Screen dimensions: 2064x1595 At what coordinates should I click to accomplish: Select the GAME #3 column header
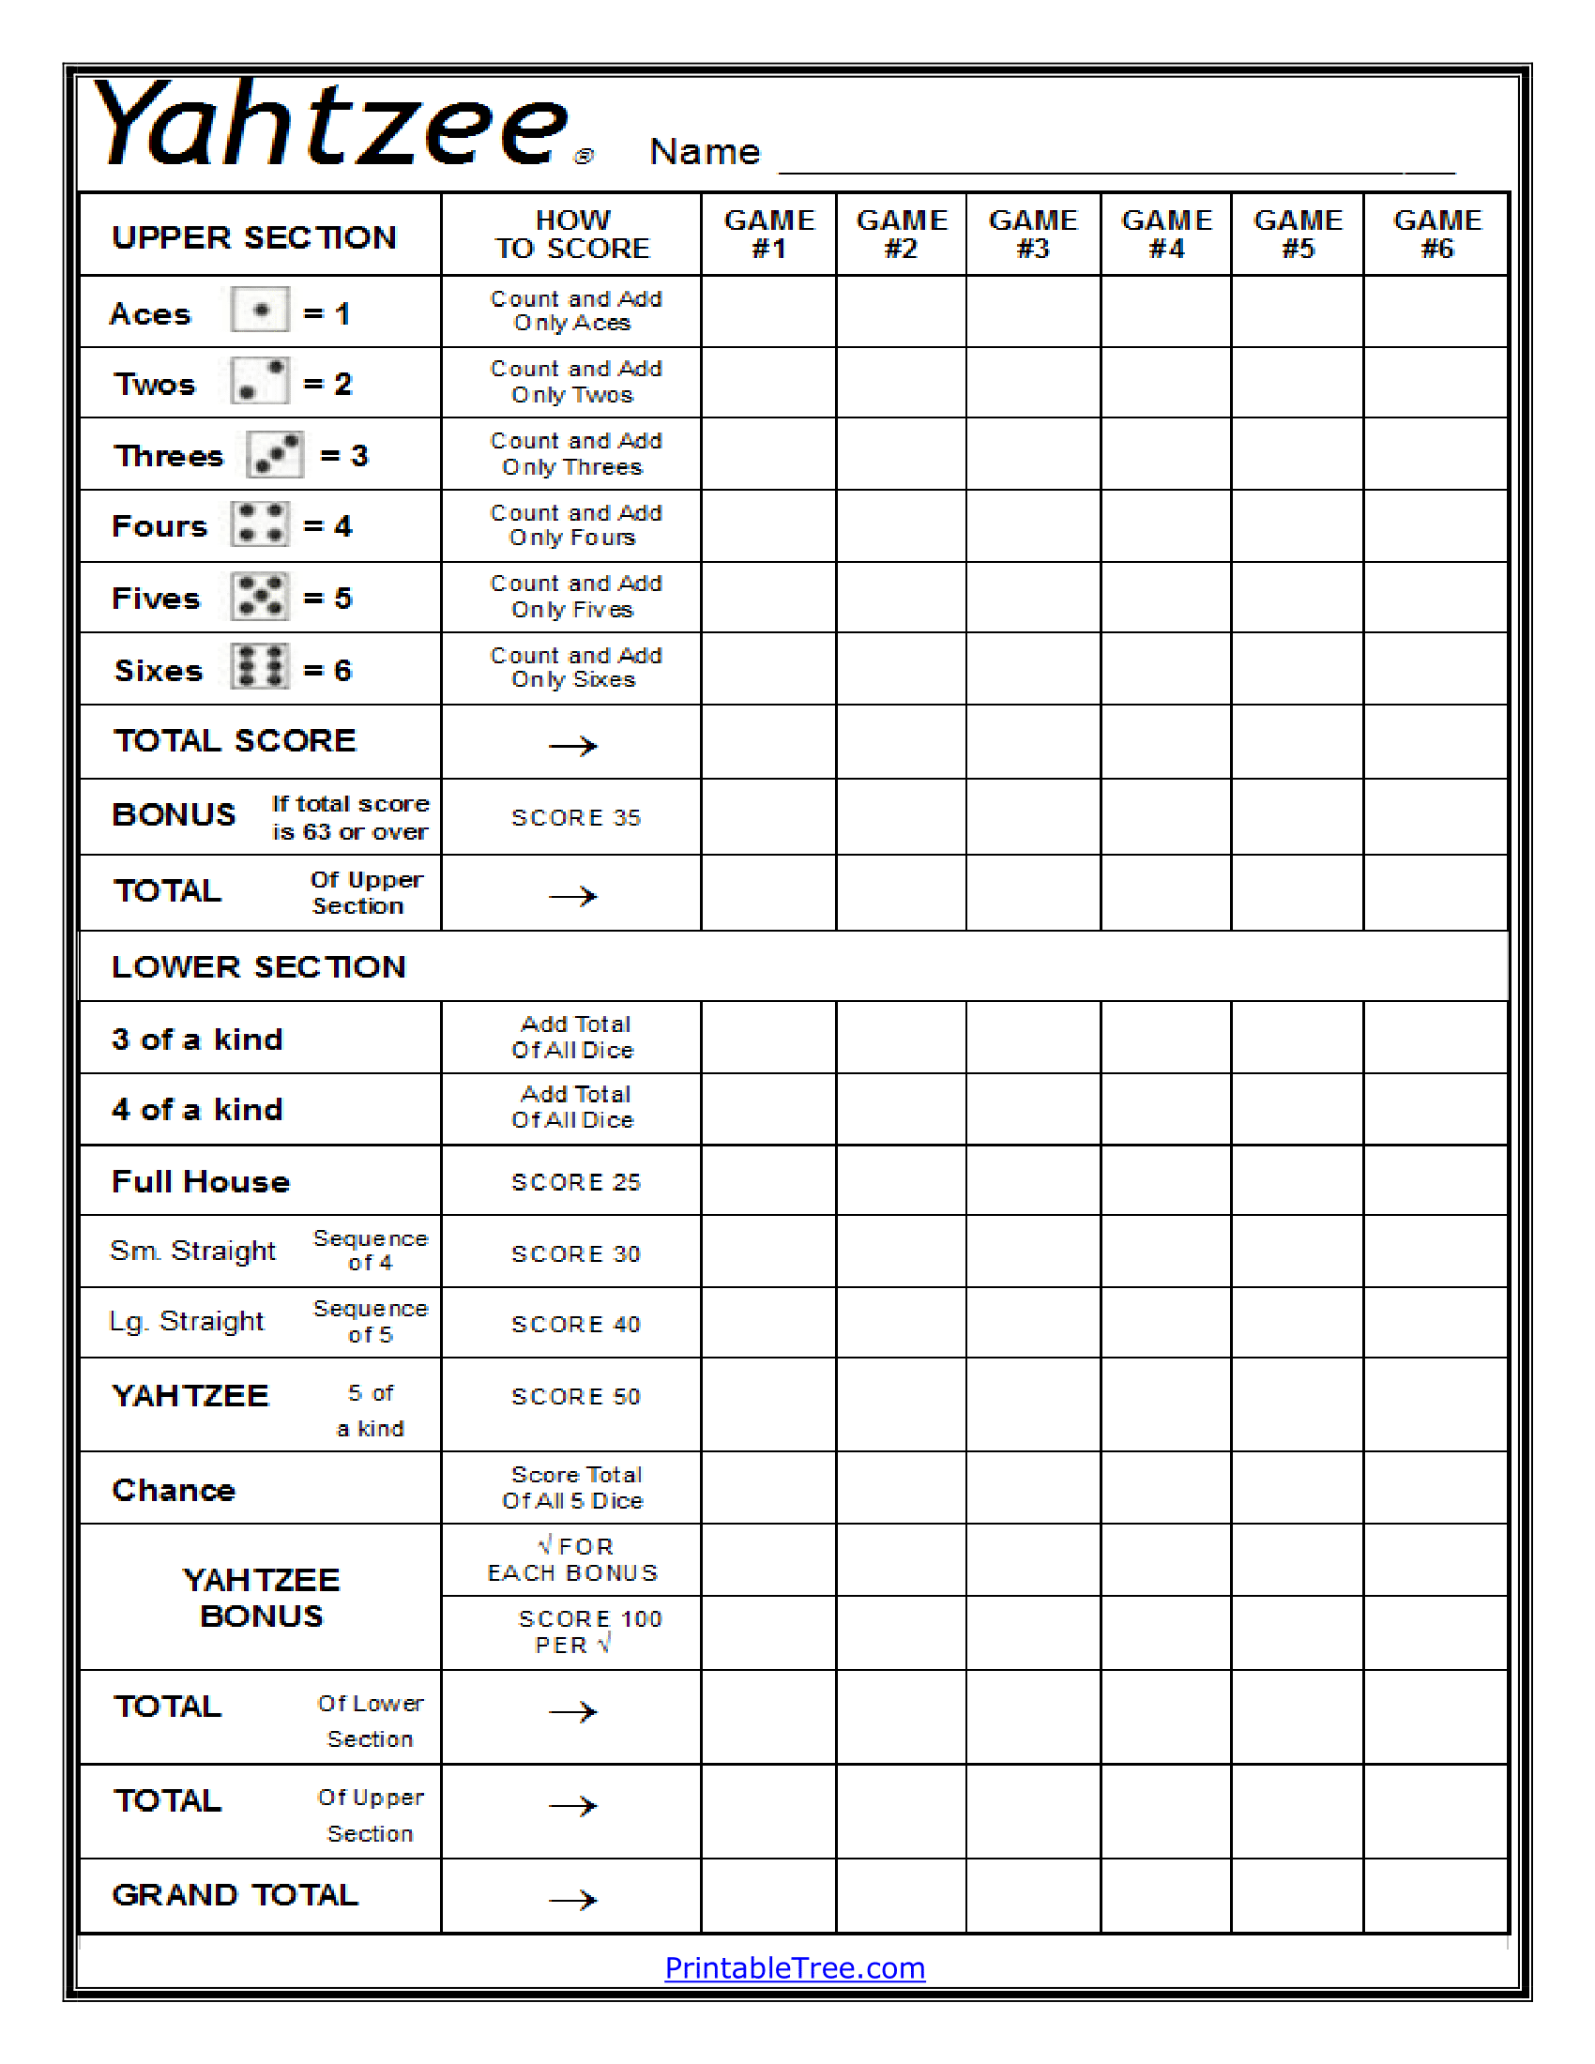pyautogui.click(x=1033, y=235)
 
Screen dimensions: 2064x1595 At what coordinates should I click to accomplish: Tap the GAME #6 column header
pyautogui.click(x=1436, y=235)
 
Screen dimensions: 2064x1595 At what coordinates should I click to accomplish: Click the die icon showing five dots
pyautogui.click(x=260, y=597)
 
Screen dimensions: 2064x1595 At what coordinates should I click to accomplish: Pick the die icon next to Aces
pyautogui.click(x=260, y=310)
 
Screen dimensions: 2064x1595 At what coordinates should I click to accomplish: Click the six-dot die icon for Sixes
pyautogui.click(x=260, y=667)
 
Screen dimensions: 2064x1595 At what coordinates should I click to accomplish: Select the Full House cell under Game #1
pyautogui.click(x=768, y=1180)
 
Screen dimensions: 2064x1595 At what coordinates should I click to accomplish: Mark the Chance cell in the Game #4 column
pyautogui.click(x=1165, y=1488)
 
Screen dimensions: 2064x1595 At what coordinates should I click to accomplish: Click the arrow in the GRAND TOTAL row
pyautogui.click(x=572, y=1900)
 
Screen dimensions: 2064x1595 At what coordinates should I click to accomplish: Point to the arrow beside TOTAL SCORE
pyautogui.click(x=572, y=746)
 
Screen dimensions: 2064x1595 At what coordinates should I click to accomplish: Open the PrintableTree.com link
pyautogui.click(x=795, y=1967)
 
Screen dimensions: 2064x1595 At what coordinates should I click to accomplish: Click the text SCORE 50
pyautogui.click(x=575, y=1397)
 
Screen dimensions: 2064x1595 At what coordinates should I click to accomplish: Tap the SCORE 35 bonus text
pyautogui.click(x=575, y=817)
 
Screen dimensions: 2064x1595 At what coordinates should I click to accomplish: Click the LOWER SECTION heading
pyautogui.click(x=258, y=966)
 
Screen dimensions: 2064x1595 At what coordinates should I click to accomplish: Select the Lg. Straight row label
pyautogui.click(x=187, y=1321)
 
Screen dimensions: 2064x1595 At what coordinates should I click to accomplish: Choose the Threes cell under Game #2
pyautogui.click(x=901, y=455)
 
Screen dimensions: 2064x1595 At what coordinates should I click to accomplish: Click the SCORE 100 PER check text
pyautogui.click(x=588, y=1632)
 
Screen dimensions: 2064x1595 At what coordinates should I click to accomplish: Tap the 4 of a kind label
pyautogui.click(x=196, y=1109)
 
